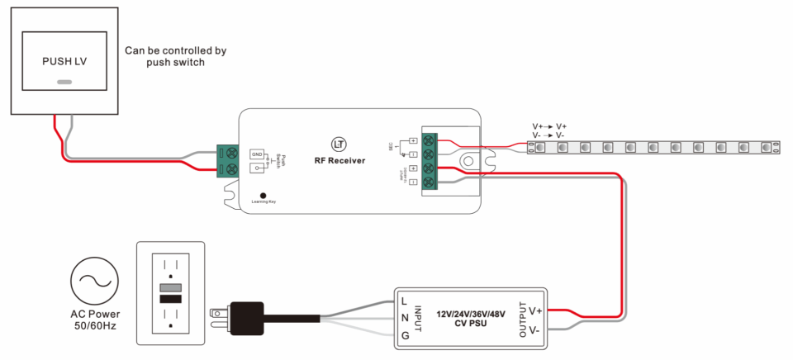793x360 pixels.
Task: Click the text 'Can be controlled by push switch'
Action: click(x=175, y=56)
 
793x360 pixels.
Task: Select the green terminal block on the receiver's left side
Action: click(x=228, y=160)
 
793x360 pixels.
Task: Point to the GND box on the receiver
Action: click(x=257, y=154)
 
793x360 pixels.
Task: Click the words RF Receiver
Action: click(x=340, y=160)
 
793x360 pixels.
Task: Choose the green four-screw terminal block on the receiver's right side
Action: click(x=430, y=161)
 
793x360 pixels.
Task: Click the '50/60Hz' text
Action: click(x=94, y=326)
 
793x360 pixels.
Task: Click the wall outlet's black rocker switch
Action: click(x=170, y=298)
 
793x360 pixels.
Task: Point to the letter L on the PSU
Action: click(x=404, y=301)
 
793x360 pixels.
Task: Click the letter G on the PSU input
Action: click(x=405, y=335)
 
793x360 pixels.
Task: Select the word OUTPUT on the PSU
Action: click(x=522, y=320)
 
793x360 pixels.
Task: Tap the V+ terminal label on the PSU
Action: click(x=535, y=310)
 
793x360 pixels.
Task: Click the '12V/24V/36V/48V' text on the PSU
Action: click(x=471, y=314)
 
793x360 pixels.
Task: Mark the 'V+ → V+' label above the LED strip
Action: click(x=549, y=126)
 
